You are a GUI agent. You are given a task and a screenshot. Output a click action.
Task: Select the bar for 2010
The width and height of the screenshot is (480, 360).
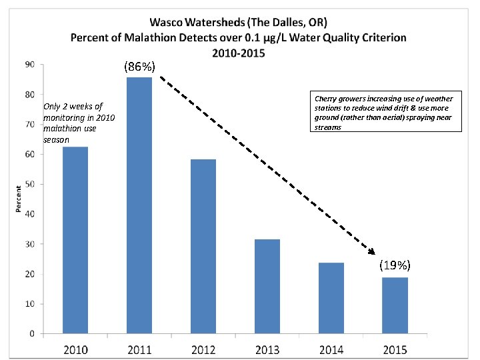pyautogui.click(x=75, y=240)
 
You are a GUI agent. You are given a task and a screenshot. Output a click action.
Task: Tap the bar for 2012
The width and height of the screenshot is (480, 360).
pyautogui.click(x=203, y=246)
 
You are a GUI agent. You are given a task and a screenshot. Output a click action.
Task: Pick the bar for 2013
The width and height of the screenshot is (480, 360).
pyautogui.click(x=267, y=286)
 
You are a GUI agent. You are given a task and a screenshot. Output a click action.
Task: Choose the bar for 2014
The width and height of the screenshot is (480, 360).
pyautogui.click(x=331, y=298)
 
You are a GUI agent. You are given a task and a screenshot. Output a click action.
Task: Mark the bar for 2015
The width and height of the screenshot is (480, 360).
pyautogui.click(x=395, y=305)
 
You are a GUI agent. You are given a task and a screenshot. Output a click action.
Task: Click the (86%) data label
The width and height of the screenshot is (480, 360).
pyautogui.click(x=139, y=67)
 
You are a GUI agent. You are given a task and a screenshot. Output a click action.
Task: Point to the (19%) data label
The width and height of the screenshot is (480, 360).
pyautogui.click(x=395, y=265)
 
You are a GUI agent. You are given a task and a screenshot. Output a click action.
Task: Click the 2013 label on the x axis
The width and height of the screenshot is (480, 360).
pyautogui.click(x=267, y=349)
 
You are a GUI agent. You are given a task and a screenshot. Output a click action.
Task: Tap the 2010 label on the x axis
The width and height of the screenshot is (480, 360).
pyautogui.click(x=75, y=349)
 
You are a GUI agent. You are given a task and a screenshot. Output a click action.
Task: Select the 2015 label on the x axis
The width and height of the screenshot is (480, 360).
pyautogui.click(x=395, y=349)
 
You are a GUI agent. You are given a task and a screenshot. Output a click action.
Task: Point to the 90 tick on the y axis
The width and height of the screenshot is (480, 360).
pyautogui.click(x=31, y=65)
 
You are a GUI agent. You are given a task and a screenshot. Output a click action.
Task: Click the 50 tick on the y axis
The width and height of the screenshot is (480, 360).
pyautogui.click(x=31, y=184)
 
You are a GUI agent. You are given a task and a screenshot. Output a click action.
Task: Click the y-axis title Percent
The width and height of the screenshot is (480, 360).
pyautogui.click(x=18, y=199)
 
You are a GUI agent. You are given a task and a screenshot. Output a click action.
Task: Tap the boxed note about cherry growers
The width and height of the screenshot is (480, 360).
pyautogui.click(x=387, y=113)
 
